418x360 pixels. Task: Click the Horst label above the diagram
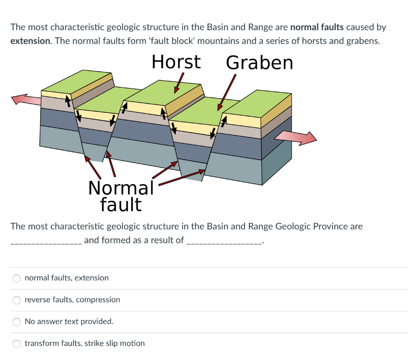(x=176, y=62)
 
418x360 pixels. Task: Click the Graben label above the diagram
(x=259, y=62)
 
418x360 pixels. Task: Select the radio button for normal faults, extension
(x=17, y=278)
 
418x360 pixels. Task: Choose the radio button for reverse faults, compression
(x=17, y=300)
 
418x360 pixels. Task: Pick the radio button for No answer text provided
(x=17, y=322)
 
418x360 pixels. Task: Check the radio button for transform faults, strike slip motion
(x=17, y=344)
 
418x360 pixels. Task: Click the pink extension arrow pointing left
(x=25, y=99)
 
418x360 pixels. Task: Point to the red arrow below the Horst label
(x=179, y=83)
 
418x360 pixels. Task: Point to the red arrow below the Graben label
(x=227, y=92)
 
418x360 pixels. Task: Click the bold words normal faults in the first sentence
(x=317, y=27)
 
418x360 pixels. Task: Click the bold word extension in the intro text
(x=30, y=41)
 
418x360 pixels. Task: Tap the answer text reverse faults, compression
(x=72, y=300)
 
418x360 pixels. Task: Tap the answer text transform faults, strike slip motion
(x=84, y=343)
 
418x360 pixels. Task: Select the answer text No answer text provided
(x=69, y=321)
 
